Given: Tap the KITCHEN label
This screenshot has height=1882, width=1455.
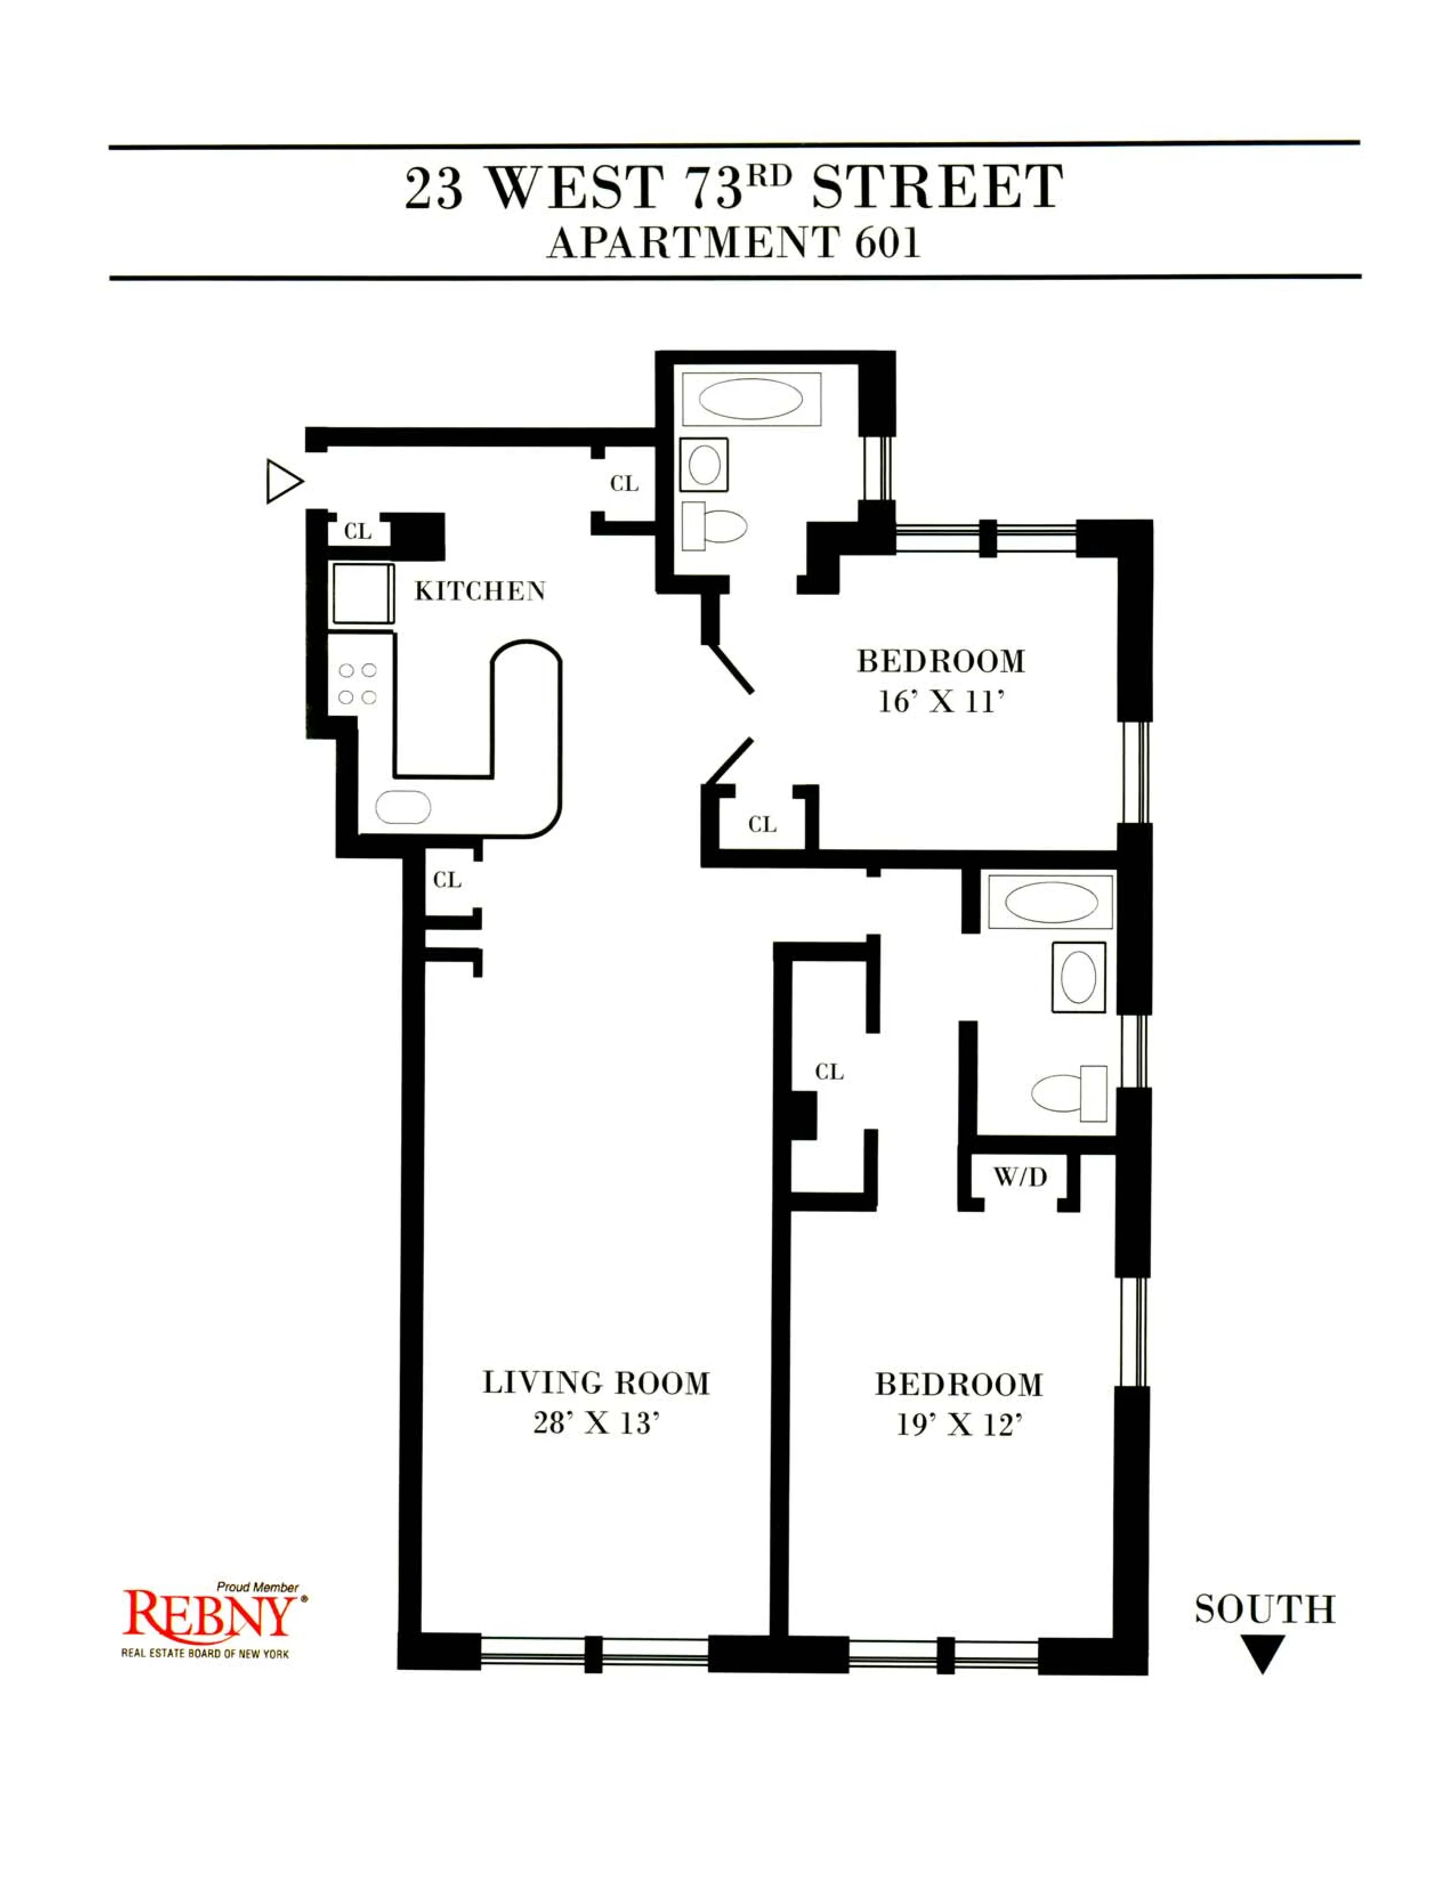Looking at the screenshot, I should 480,591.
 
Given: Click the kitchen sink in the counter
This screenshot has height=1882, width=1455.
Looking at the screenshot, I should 402,808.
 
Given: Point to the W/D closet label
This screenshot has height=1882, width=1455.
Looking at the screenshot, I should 1020,1177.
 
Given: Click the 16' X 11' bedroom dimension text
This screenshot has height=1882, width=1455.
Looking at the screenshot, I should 941,702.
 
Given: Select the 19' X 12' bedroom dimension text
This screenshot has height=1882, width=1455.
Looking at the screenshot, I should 959,1426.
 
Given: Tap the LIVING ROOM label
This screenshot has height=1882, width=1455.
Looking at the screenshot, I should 596,1383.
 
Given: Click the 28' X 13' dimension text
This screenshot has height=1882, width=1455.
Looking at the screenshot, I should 596,1423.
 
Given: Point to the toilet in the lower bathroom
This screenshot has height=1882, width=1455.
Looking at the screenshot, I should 1069,1093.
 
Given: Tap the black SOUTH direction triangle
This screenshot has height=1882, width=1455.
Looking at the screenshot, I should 1263,1653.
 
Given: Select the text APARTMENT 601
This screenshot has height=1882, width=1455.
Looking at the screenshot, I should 734,243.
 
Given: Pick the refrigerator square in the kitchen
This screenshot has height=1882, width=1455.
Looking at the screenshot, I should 363,593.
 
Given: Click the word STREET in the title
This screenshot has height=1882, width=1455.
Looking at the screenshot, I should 937,187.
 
